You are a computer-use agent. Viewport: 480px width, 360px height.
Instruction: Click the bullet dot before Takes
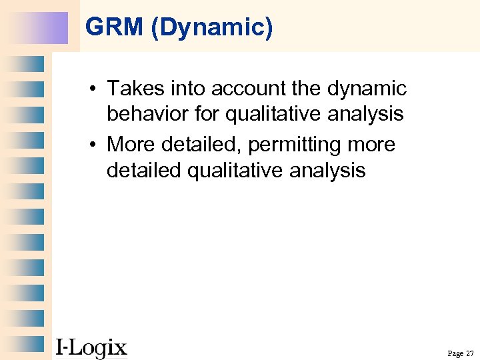coord(95,89)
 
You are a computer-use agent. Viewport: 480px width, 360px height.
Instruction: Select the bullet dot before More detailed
coord(95,145)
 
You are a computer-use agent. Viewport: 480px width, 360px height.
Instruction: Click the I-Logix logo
coord(91,347)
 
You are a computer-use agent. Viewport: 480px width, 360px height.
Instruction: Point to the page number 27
coord(469,353)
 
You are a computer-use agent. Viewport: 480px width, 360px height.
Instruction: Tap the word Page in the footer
coord(455,353)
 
